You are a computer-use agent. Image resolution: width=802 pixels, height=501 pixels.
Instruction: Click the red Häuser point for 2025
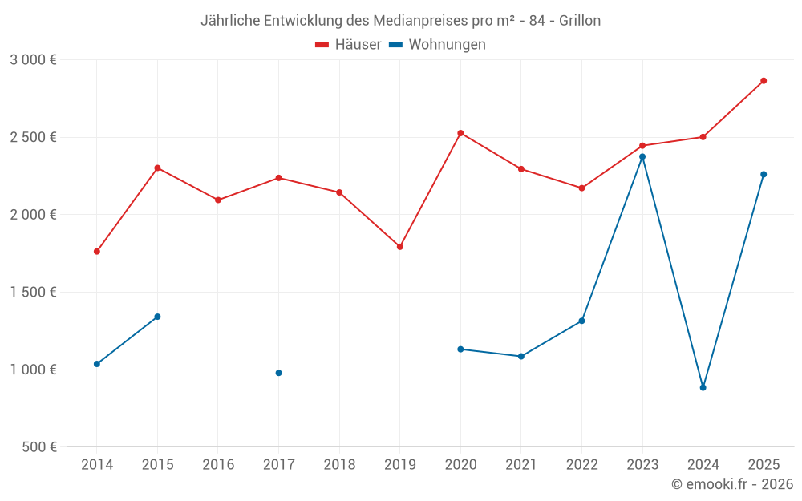pos(764,81)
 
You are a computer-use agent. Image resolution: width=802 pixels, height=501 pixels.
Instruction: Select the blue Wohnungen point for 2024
pos(703,387)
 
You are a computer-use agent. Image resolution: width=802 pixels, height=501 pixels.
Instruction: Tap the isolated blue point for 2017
pos(278,373)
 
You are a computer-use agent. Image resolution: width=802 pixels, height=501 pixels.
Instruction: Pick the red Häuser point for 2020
pos(460,133)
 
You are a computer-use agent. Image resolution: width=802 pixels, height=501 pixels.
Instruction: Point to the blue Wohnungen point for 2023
pos(642,156)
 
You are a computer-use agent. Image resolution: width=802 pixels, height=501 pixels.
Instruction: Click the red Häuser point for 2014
pos(97,251)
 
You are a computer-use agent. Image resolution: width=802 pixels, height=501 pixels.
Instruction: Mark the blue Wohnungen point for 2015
pos(157,317)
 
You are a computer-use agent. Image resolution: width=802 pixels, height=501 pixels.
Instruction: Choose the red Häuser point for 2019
pos(399,247)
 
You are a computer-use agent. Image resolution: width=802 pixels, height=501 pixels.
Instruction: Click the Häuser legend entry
pos(348,45)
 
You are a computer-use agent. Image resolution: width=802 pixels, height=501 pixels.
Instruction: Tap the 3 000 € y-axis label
pos(34,59)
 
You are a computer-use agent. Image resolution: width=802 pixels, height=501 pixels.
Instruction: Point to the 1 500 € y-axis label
pos(34,292)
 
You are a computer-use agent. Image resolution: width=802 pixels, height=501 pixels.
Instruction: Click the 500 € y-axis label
pos(38,446)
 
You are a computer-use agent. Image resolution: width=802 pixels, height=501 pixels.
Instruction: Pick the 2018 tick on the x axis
pos(339,464)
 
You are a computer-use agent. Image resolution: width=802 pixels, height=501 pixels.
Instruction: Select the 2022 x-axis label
pos(581,464)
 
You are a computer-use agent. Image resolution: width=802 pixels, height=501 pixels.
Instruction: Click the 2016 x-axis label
pos(218,464)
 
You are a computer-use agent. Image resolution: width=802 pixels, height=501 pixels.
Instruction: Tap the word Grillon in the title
pos(577,21)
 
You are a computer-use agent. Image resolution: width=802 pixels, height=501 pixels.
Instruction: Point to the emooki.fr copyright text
pos(731,484)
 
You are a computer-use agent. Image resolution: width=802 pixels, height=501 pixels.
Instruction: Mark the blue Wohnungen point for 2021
pos(521,356)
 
